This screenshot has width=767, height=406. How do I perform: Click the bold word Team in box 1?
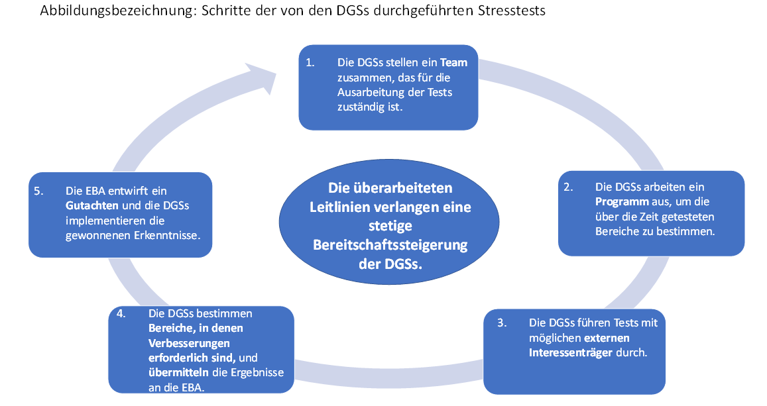pos(454,63)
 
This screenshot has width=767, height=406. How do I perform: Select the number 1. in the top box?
pos(310,63)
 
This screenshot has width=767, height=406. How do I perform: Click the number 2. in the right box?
pos(569,187)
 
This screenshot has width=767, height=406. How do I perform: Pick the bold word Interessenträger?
pos(571,352)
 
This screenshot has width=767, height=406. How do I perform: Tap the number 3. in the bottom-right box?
pos(502,323)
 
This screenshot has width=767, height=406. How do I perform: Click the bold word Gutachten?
pos(93,205)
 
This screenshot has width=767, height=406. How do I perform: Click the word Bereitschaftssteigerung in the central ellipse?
pos(390,245)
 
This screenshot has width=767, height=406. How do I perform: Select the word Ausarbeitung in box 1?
pos(369,92)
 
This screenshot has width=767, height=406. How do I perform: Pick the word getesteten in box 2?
pos(689,217)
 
